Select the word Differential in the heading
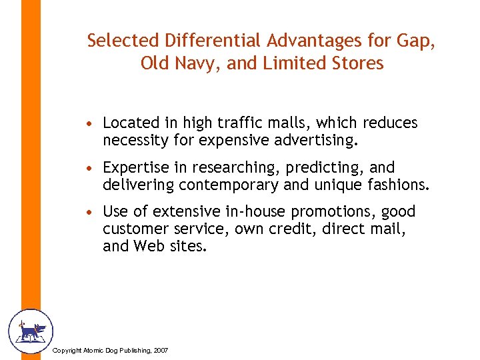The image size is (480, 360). click(x=209, y=41)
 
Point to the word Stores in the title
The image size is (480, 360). click(x=361, y=64)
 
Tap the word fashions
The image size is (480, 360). click(x=398, y=185)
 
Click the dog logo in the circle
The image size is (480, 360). click(x=30, y=331)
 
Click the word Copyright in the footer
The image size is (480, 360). click(x=66, y=350)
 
